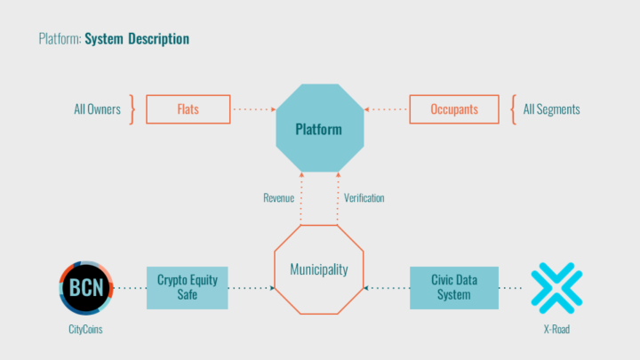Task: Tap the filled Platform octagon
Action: (x=320, y=128)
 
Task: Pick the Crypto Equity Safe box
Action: (x=188, y=288)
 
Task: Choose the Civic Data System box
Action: (x=454, y=288)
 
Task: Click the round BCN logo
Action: (x=86, y=288)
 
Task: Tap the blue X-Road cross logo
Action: (x=556, y=288)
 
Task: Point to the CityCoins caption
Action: (x=85, y=330)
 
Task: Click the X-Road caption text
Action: (x=556, y=330)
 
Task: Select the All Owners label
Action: (x=97, y=109)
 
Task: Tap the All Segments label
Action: (x=551, y=109)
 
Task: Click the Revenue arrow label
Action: (x=279, y=198)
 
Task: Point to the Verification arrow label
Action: (x=364, y=198)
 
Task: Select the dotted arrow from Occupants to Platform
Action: (x=385, y=109)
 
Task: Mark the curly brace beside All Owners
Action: (x=132, y=109)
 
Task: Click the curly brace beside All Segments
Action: (x=514, y=109)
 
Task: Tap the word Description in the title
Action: (x=159, y=39)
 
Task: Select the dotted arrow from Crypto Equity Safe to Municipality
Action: (x=252, y=288)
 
